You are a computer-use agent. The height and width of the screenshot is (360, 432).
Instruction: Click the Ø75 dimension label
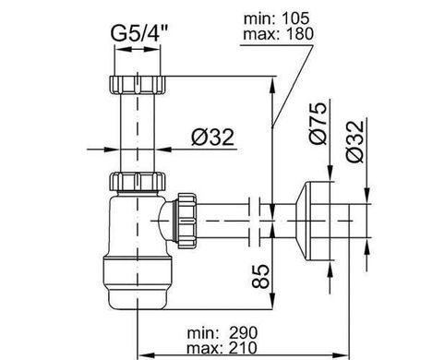coord(318,123)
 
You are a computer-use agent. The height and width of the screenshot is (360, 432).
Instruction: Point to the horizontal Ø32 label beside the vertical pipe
coord(212,138)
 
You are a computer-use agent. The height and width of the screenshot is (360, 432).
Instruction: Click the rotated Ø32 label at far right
coord(354,141)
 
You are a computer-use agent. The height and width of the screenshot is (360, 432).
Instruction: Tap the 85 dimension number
coord(260,276)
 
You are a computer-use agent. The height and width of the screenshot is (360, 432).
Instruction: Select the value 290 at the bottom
coord(243,333)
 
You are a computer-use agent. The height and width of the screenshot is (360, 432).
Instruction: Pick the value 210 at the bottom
coord(243,348)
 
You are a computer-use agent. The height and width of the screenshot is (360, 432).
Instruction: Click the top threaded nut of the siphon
coord(138,84)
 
